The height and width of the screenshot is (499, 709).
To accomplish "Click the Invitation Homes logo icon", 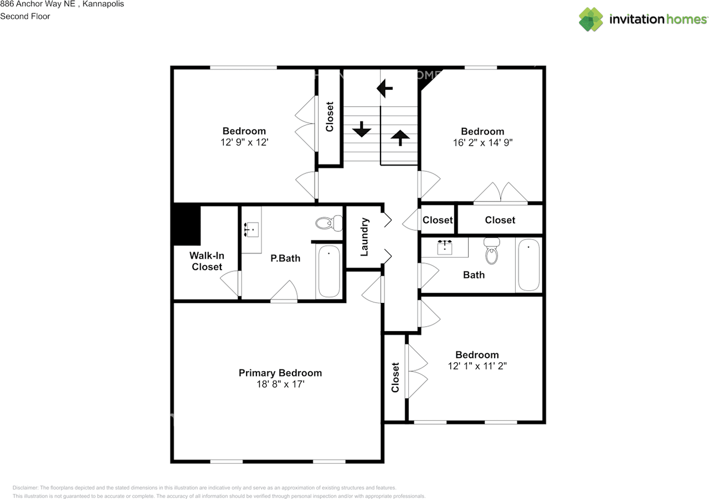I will coord(591,19).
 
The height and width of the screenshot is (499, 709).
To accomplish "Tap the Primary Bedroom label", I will coord(280,373).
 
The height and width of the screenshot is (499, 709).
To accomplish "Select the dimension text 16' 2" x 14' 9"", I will coord(482,142).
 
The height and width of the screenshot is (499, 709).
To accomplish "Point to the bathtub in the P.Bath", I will coord(329,271).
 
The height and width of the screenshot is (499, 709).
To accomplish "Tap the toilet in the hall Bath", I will coord(492,253).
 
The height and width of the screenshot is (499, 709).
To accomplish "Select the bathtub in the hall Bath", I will coord(528,265).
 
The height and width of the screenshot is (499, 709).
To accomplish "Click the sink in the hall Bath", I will coord(445,246).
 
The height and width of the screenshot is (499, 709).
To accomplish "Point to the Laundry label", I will coord(364,237).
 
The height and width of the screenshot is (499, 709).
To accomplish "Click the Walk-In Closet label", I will coord(207,261).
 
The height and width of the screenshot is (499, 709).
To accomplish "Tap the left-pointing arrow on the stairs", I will coord(384,88).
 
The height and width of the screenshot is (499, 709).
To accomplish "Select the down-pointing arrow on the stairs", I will coord(361,129).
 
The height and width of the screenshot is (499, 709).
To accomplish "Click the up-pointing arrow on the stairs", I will coord(400,137).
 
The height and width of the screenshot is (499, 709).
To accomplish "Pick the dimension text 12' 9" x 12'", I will coord(244,142).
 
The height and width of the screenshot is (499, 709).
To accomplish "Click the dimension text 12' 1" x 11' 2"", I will coord(477,366).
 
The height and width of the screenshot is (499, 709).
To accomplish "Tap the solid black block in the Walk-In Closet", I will coord(187,225).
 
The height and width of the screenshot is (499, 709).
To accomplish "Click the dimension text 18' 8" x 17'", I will coord(280,384).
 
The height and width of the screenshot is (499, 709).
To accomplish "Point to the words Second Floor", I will coord(25,16).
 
